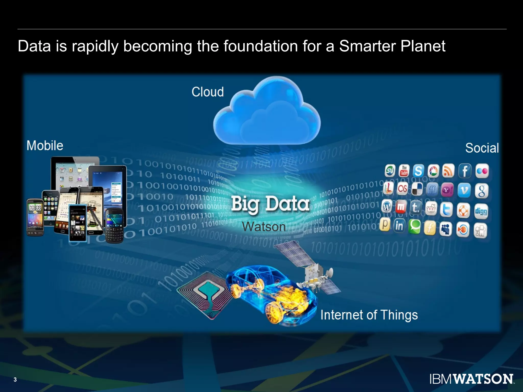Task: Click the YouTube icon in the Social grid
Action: coord(404,171)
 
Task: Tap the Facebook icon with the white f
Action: coord(465,171)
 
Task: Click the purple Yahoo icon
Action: coord(447,190)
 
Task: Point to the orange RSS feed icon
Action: coord(448,171)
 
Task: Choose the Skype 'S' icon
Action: coord(418,171)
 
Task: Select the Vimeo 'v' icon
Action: coord(464,190)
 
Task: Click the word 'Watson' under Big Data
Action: coord(264,227)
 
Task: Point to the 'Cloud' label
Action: coord(208,92)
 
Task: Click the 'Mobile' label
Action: coord(45,146)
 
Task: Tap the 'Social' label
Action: coord(482,148)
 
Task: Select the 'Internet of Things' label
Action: coord(369,315)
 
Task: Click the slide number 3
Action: coord(15,379)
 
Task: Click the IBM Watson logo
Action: coord(471,379)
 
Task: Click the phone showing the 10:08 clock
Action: coord(35,217)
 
